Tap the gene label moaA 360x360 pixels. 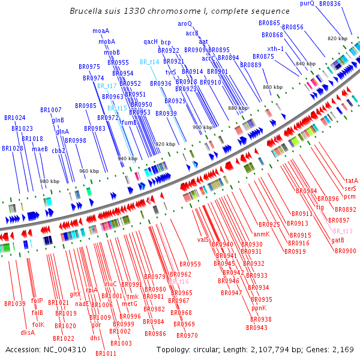[101, 31]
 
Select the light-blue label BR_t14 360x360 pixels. [149, 62]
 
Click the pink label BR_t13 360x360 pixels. [343, 231]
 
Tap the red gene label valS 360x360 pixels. [203, 239]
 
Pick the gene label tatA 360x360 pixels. [351, 181]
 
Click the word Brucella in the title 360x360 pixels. [85, 11]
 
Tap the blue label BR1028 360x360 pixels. [12, 148]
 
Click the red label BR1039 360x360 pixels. [14, 304]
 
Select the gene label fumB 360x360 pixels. [129, 122]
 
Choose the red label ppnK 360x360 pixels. [259, 308]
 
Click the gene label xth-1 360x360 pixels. [275, 49]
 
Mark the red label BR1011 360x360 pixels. [106, 353]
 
